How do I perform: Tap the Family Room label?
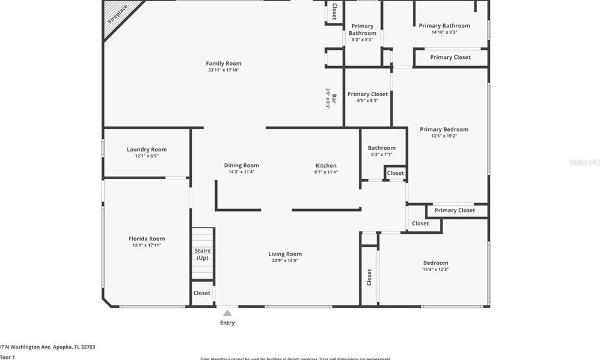coord(223,64)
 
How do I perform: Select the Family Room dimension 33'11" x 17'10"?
coord(223,70)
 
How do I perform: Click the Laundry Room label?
coord(147,150)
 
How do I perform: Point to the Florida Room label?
coord(147,239)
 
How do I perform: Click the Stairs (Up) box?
coord(203,254)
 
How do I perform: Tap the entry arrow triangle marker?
coord(227,313)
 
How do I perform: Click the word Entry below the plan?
coord(227,323)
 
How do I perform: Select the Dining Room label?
coord(241,166)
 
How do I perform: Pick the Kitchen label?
coord(326,166)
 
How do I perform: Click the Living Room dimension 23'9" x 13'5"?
coord(285,261)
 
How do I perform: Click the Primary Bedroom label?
coord(444,129)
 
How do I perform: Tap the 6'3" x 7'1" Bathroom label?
coord(381,154)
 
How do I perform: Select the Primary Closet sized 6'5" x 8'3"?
coord(367,100)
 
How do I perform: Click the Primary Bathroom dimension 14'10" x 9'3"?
coord(444,32)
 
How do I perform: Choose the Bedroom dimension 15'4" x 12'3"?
coord(435,269)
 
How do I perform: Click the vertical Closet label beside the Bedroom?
coord(369,277)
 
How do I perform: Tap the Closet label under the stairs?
coord(202,293)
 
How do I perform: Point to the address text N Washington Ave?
coord(49,347)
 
